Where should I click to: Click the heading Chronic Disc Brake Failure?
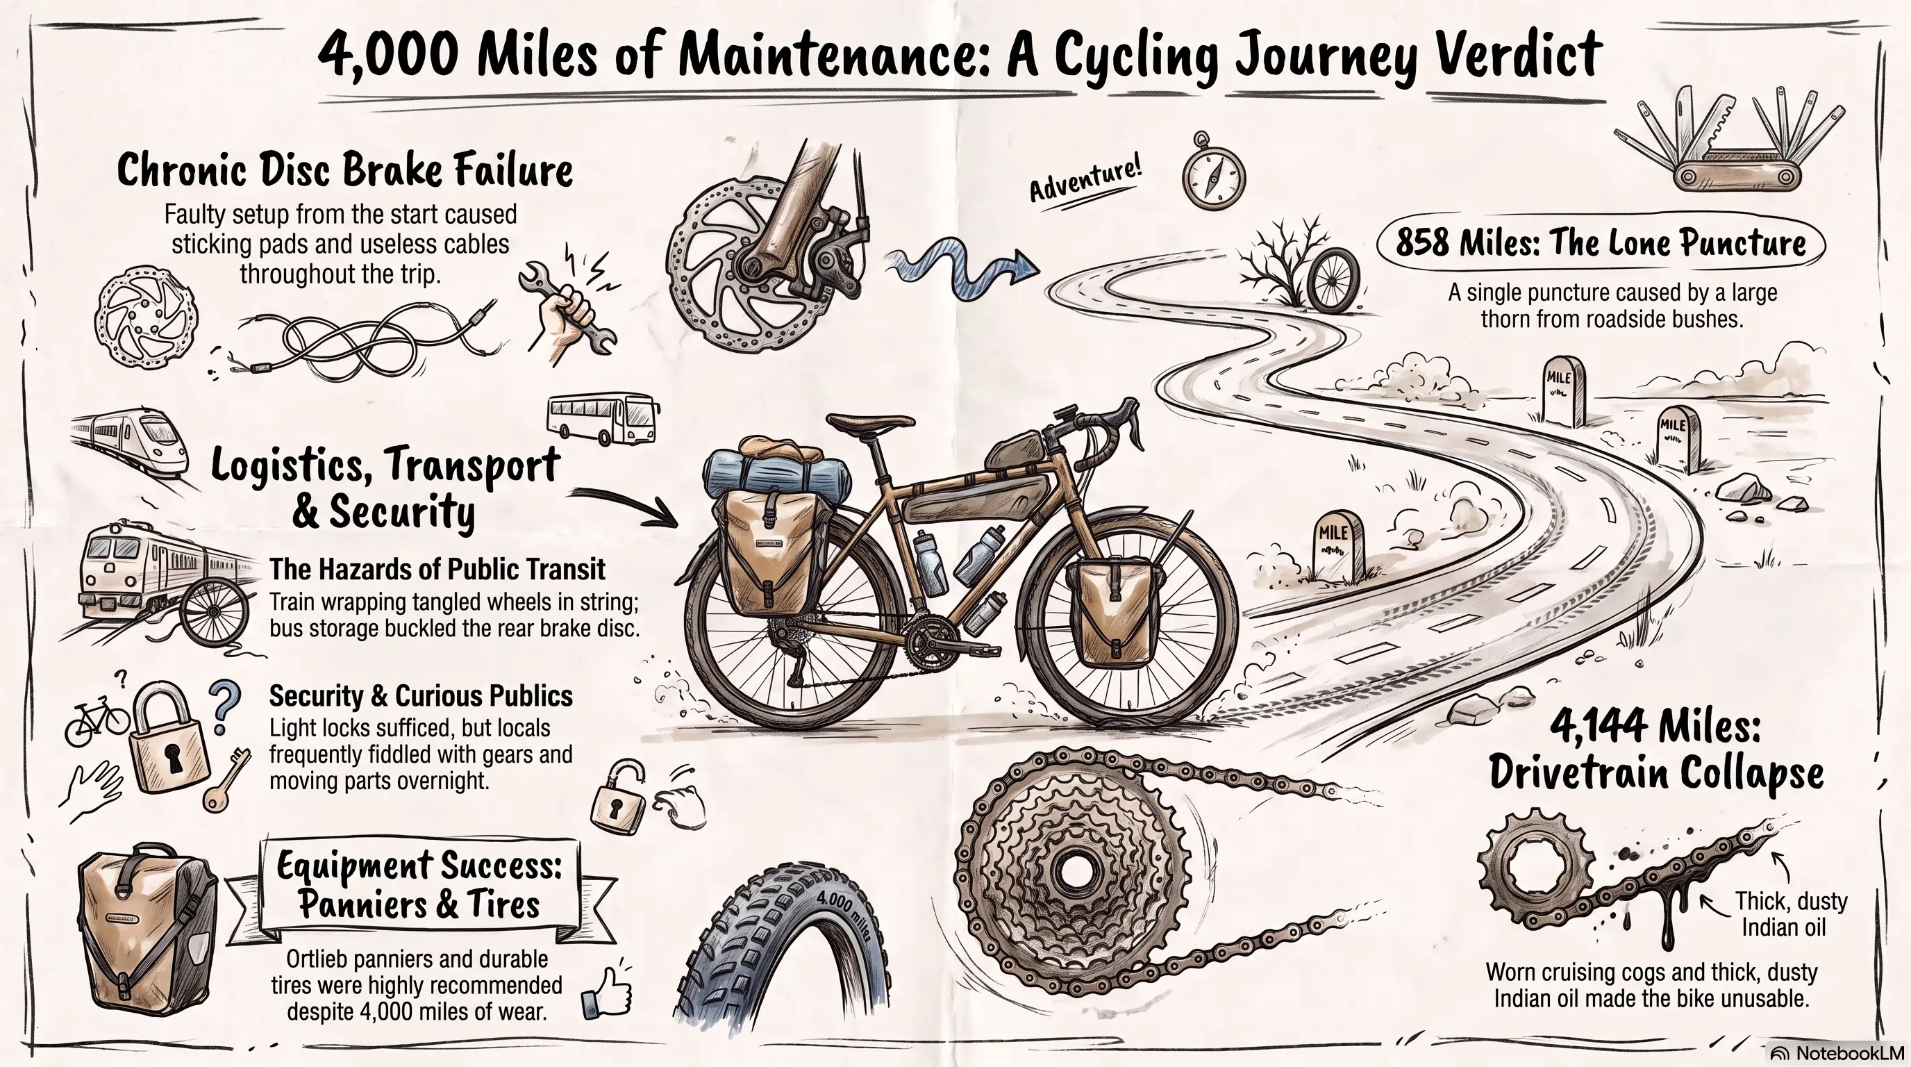coord(345,171)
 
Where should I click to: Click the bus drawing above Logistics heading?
coord(602,418)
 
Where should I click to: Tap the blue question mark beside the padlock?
coord(224,707)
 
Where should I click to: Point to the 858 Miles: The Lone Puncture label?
coord(1601,242)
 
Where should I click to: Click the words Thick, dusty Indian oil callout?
coord(1789,914)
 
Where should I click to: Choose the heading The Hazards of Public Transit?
coord(437,569)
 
